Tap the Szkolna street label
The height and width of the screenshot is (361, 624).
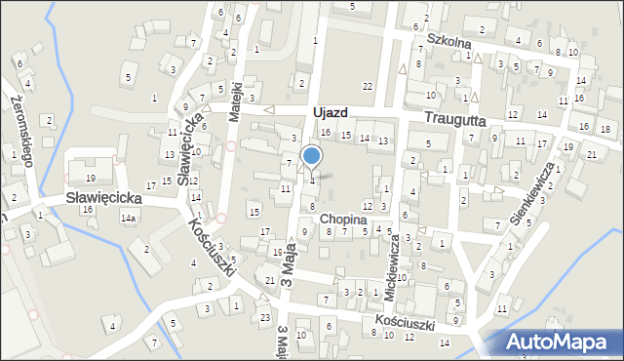coord(449,44)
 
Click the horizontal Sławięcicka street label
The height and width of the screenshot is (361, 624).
coord(104,197)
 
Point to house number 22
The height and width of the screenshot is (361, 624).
coord(367,88)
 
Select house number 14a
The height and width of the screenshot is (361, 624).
coord(128,219)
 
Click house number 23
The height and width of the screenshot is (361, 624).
coord(265,317)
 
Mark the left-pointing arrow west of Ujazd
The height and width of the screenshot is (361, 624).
coord(270,110)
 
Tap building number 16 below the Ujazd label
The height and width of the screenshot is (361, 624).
coord(326,132)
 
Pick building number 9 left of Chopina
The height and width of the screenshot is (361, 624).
coord(304,231)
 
